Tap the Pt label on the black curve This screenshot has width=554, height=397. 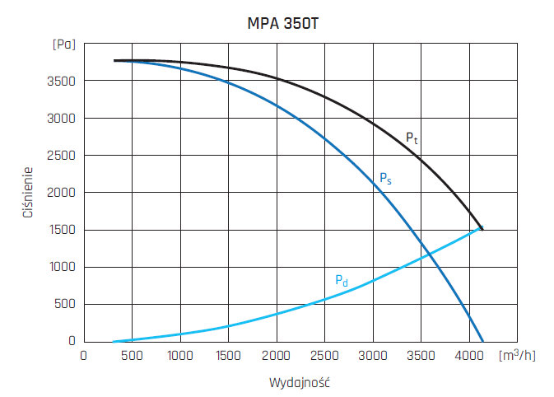(x=412, y=138)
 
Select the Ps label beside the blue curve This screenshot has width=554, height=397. (x=384, y=178)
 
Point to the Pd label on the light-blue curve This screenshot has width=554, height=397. (x=342, y=281)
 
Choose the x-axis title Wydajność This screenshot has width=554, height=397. (x=299, y=383)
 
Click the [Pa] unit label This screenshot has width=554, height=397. (x=63, y=44)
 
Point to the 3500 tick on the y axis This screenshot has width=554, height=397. (x=62, y=81)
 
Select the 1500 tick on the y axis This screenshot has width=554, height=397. (x=62, y=230)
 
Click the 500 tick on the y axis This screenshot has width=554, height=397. (x=65, y=304)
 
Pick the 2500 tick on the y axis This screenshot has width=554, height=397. (x=62, y=156)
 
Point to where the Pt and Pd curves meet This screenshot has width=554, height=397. (x=482, y=229)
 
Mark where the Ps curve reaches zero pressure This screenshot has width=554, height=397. (x=482, y=341)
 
